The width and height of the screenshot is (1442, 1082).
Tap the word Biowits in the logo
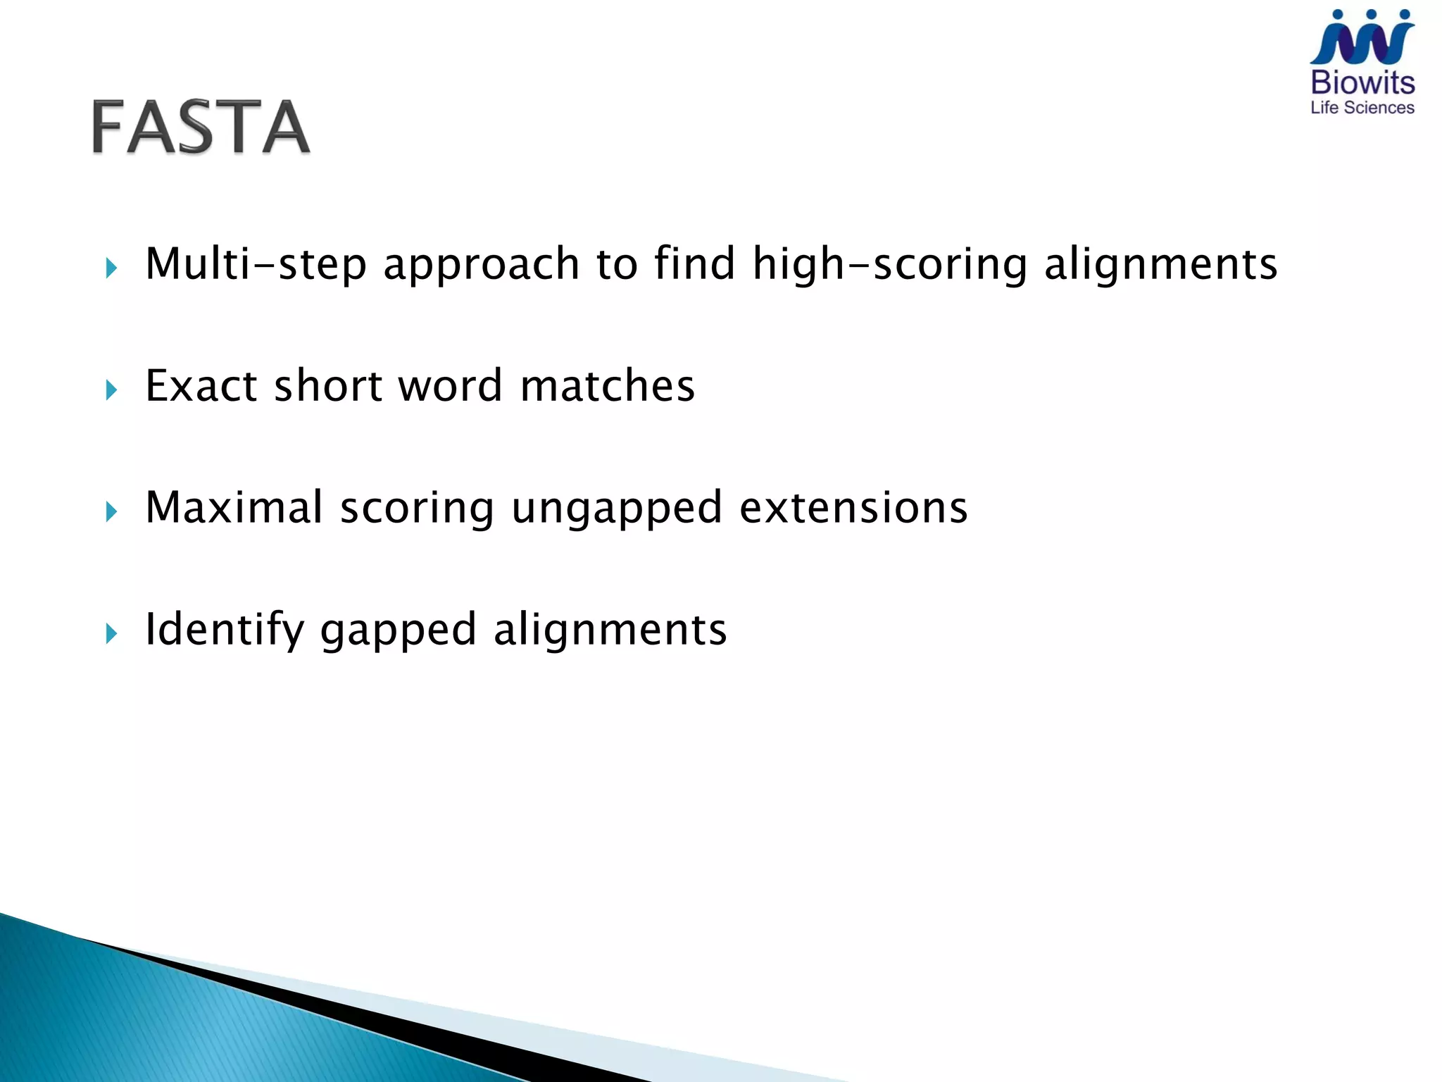click(1362, 83)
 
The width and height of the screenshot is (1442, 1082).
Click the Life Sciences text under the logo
click(1362, 108)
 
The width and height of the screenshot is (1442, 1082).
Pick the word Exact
click(201, 386)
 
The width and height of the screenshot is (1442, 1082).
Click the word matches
click(607, 386)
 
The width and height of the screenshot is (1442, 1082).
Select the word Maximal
click(234, 507)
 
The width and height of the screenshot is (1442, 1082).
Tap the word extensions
click(853, 507)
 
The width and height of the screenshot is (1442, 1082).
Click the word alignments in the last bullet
click(610, 629)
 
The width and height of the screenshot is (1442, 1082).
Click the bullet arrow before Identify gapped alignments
click(111, 633)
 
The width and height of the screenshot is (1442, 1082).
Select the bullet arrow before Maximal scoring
click(111, 511)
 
